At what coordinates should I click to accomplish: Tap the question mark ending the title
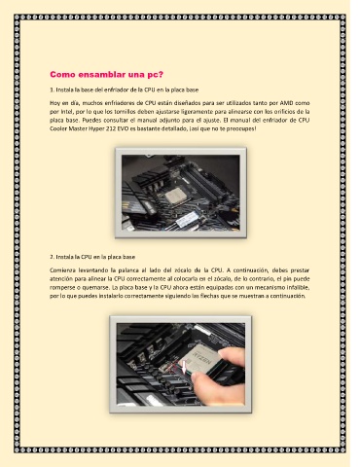click(162, 74)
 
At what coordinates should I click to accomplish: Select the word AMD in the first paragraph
click(286, 103)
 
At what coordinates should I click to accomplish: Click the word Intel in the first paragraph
click(64, 112)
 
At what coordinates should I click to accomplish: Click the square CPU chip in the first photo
click(177, 197)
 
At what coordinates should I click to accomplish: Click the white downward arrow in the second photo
click(185, 367)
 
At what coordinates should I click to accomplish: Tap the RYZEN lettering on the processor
click(202, 358)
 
